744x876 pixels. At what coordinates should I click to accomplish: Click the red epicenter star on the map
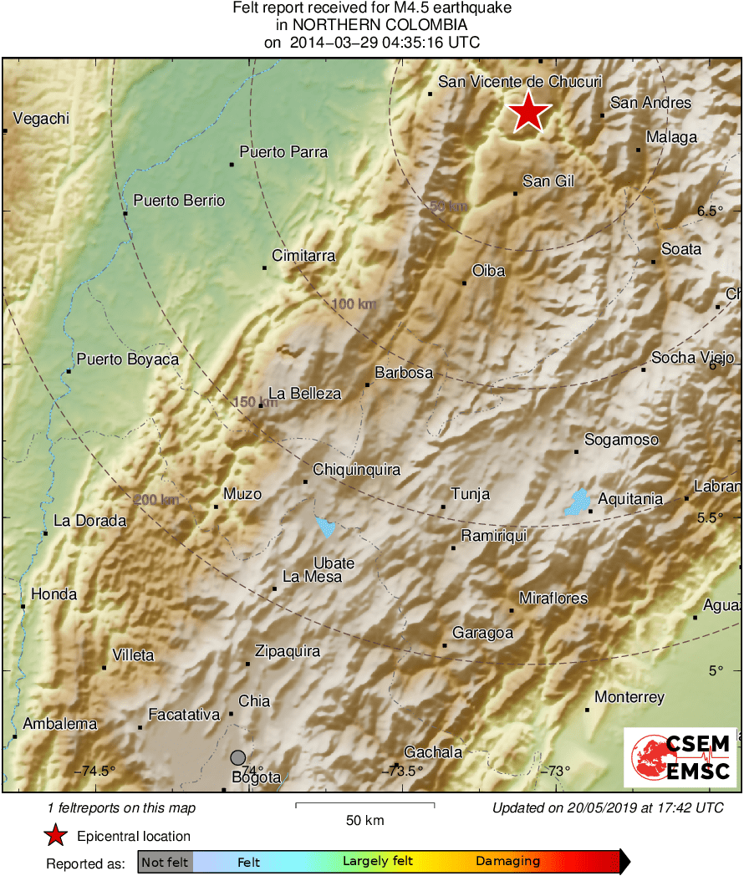(527, 112)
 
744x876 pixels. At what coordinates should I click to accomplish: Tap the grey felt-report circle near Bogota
(238, 757)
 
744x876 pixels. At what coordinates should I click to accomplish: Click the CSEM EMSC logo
(680, 757)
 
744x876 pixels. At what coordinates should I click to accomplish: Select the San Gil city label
(548, 181)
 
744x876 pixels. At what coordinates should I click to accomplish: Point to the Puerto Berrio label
(179, 201)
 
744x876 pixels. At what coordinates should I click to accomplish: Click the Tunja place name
(470, 495)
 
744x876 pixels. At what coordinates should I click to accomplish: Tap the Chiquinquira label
(356, 470)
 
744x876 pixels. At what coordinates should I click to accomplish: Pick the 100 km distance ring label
(354, 303)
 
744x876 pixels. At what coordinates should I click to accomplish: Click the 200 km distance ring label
(156, 500)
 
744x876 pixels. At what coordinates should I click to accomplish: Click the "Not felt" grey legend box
(166, 861)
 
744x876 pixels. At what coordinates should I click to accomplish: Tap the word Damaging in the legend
(507, 861)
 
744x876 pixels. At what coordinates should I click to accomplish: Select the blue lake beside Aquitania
(576, 502)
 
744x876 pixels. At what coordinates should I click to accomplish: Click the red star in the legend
(56, 836)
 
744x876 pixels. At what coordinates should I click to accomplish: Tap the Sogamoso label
(621, 440)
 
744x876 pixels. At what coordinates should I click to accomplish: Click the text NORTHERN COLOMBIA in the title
(372, 25)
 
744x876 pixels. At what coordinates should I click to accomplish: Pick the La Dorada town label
(89, 521)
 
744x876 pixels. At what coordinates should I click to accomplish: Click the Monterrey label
(629, 697)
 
